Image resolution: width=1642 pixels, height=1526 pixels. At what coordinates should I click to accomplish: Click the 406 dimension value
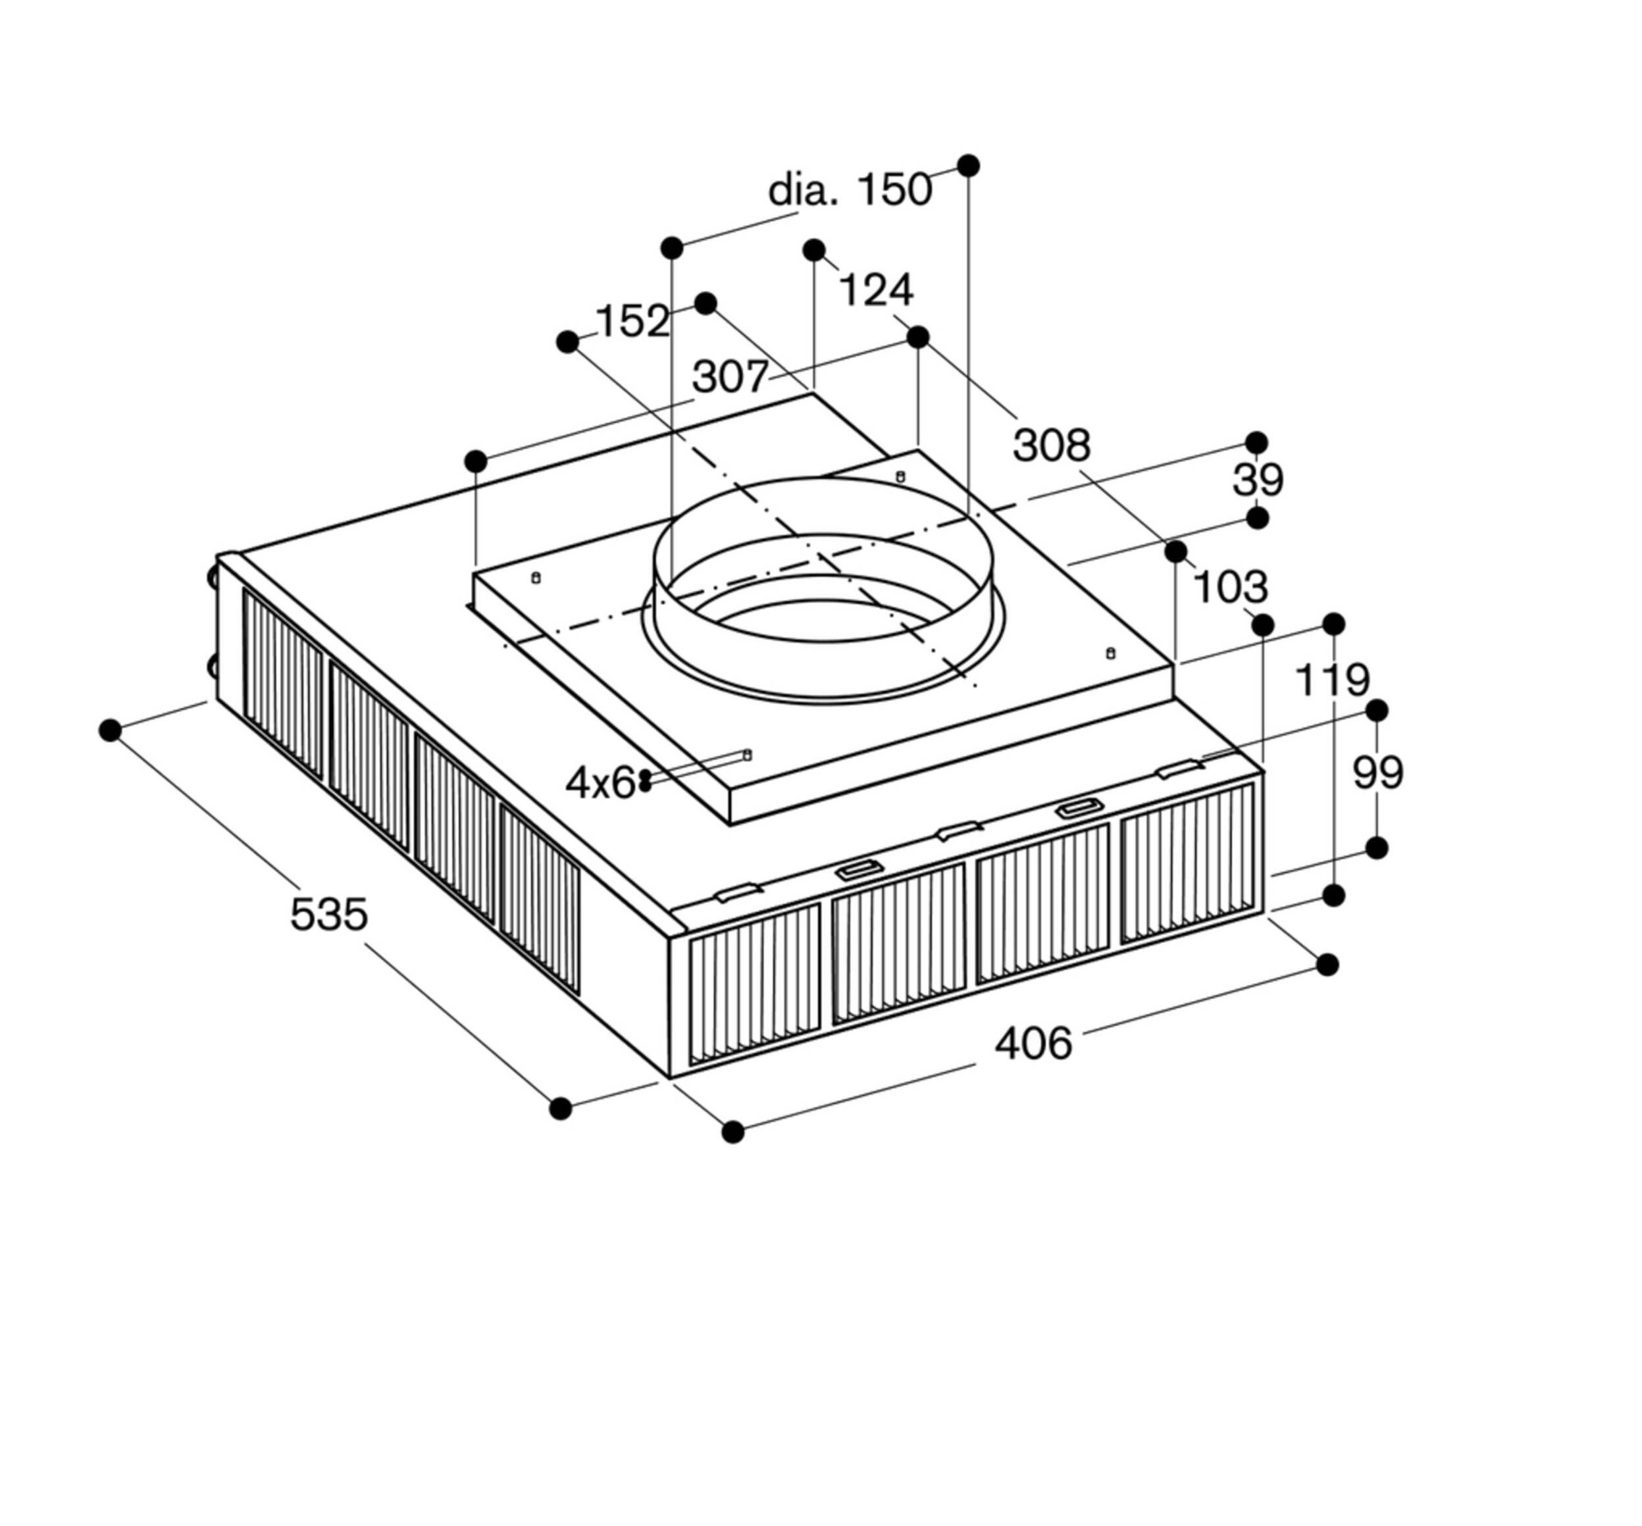pos(1033,1043)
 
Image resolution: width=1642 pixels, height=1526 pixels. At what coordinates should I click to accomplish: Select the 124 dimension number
pos(877,290)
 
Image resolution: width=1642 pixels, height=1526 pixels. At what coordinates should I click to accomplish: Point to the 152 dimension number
pos(632,320)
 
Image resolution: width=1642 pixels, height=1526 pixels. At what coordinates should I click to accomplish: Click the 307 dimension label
pos(730,376)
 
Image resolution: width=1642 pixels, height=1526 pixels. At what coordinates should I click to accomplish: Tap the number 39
pos(1258,480)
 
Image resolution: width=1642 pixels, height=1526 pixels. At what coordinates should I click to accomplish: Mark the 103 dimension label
pos(1231,588)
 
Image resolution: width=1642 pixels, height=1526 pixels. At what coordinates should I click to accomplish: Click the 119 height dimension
pos(1332,680)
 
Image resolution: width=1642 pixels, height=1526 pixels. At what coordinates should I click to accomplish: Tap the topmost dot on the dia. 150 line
pos(969,166)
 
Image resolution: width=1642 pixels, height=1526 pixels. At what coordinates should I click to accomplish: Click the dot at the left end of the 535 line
pos(110,730)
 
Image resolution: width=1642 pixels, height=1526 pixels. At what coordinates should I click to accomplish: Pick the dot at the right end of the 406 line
pos(1327,965)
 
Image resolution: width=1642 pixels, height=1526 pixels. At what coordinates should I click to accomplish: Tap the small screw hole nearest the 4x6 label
pos(748,754)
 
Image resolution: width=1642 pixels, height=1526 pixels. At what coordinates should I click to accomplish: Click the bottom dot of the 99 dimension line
pos(1377,847)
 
